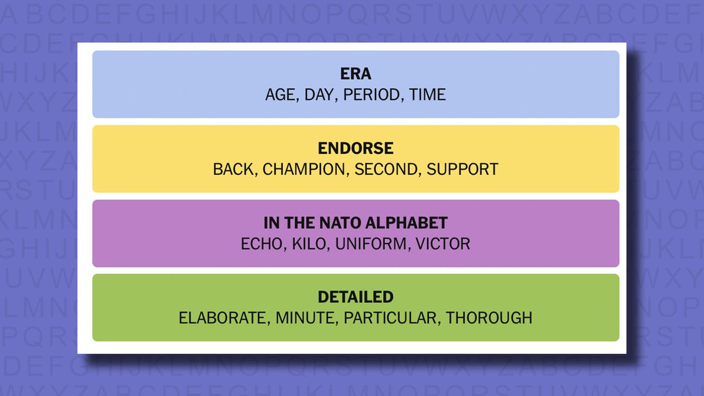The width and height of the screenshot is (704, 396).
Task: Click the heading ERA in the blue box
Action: [x=356, y=74]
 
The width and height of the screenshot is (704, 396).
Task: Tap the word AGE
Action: [x=280, y=94]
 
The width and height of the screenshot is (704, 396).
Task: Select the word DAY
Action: [x=319, y=94]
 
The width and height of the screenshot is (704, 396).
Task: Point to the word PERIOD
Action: [x=371, y=94]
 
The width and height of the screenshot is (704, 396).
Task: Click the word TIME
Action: [x=428, y=94]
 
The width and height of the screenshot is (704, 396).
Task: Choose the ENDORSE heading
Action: [x=356, y=148]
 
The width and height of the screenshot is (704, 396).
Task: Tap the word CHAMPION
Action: [x=304, y=169]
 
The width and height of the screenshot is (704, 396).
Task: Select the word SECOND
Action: [x=385, y=169]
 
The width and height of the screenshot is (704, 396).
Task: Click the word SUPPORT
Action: [x=462, y=169]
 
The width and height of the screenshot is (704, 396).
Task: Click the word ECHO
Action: [x=262, y=243]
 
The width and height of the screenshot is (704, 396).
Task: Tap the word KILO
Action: [x=309, y=243]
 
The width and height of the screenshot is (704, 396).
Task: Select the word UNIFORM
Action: [x=371, y=243]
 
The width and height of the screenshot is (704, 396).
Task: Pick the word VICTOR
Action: [x=443, y=243]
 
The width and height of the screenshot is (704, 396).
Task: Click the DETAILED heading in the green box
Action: [x=356, y=297]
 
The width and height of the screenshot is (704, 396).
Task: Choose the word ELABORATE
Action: [x=222, y=318]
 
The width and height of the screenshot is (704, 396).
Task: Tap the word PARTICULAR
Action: [x=390, y=318]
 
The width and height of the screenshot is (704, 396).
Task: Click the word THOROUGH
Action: [x=489, y=318]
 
